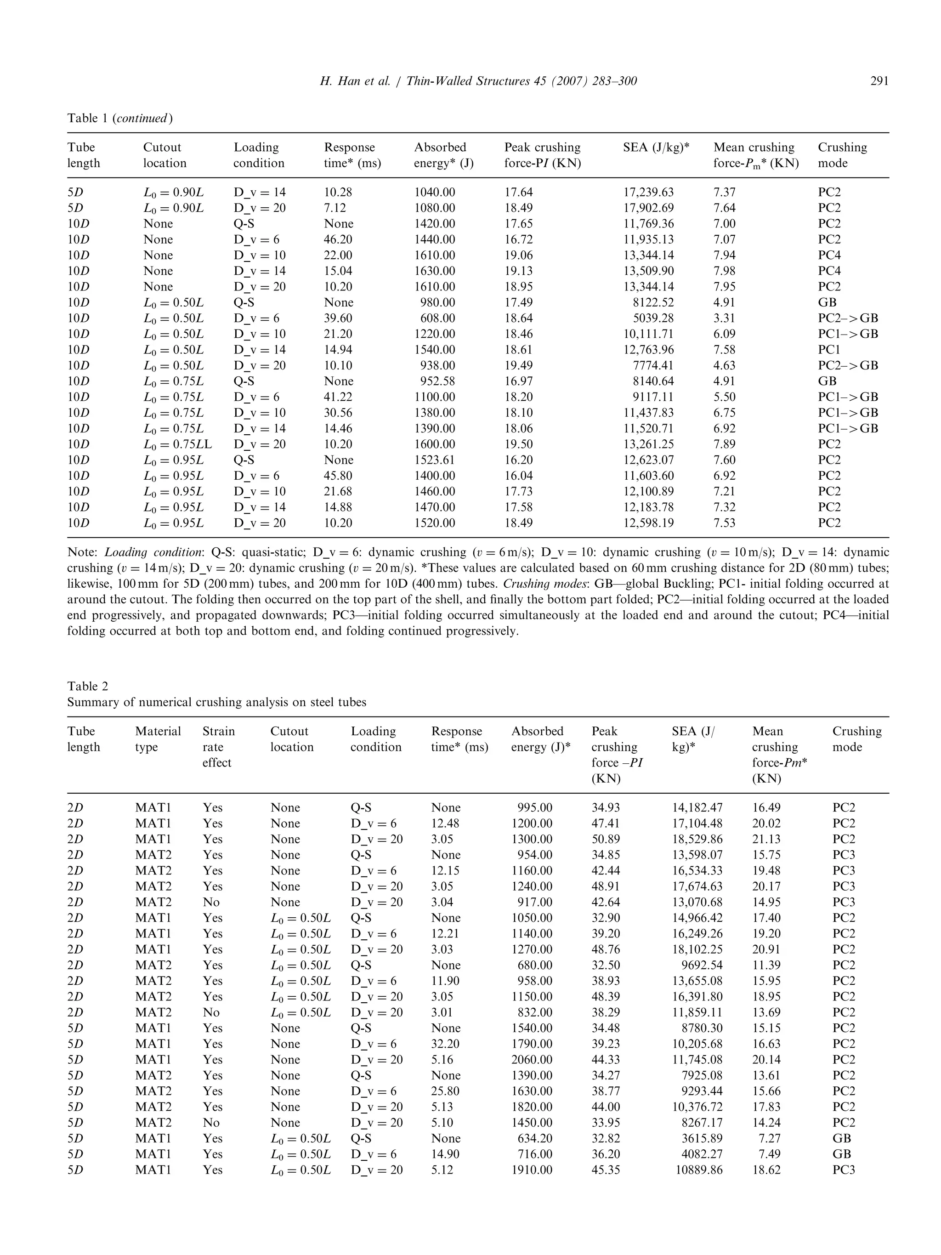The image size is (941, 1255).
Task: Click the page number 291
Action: click(879, 81)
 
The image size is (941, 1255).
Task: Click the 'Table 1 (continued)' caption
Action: click(119, 118)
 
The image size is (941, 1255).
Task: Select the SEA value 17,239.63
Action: click(648, 193)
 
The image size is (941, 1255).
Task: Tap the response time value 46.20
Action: click(338, 239)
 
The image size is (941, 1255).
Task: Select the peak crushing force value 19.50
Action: click(518, 444)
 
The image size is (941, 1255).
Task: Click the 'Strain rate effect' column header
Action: click(218, 747)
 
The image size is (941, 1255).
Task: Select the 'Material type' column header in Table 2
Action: click(158, 738)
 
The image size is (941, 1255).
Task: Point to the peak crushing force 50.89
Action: click(605, 839)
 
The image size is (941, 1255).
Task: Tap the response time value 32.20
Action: click(445, 1043)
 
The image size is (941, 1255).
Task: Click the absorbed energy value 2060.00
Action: click(532, 1059)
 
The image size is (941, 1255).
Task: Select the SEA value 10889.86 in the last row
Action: click(699, 1170)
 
